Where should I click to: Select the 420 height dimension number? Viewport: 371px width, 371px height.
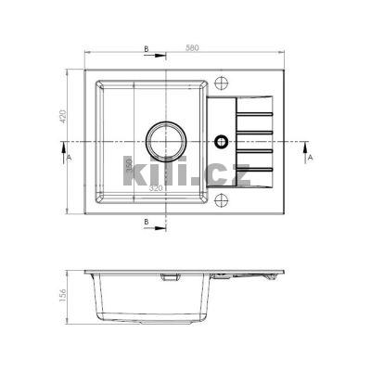(64, 117)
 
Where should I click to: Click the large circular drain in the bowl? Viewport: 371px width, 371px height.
(165, 143)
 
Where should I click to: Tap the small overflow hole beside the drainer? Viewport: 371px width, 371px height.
(221, 142)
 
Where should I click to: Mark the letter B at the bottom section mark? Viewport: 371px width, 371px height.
(147, 224)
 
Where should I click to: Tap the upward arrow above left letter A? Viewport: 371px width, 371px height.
(62, 146)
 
